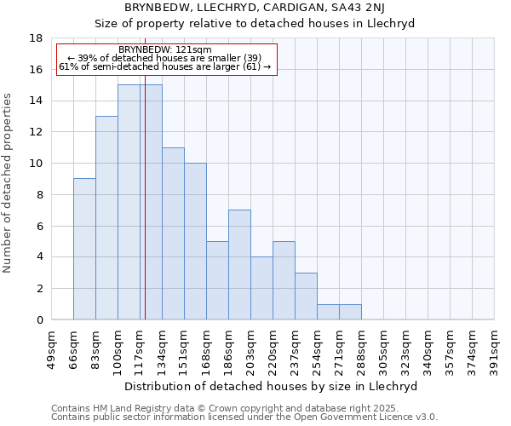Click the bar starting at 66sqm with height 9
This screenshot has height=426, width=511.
[84, 249]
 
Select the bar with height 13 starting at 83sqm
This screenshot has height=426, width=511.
[106, 218]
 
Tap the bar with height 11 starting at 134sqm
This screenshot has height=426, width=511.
[173, 233]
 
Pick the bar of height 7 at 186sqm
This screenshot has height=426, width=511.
[239, 265]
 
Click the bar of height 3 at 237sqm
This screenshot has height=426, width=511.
[306, 296]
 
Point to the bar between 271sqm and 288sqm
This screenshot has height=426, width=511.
[350, 312]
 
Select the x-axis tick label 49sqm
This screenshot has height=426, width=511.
[51, 347]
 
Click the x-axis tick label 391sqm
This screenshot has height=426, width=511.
[494, 347]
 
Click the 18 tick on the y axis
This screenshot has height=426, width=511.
[36, 38]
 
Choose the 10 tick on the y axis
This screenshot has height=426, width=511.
[36, 164]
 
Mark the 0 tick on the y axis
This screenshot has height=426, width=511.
[38, 320]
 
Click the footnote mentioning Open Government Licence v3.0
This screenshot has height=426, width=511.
[244, 417]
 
